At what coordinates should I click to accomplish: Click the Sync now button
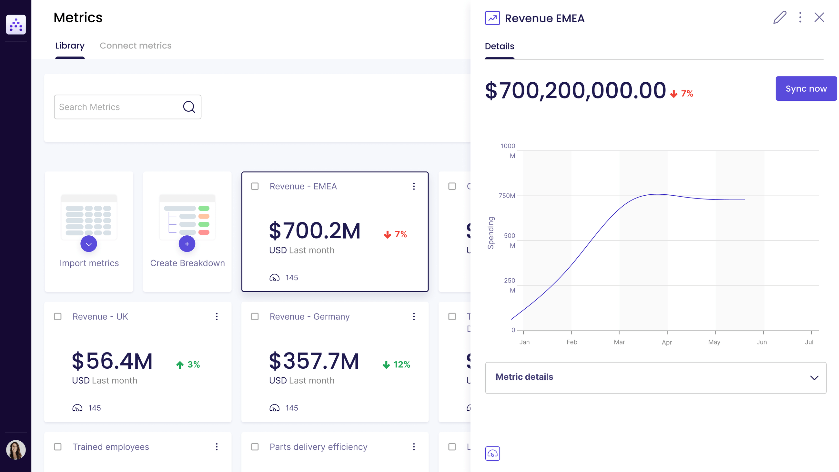[x=806, y=88]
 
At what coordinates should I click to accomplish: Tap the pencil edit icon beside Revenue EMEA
[x=780, y=17]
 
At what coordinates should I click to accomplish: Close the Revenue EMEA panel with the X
[x=819, y=17]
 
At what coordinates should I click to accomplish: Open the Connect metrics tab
[x=136, y=46]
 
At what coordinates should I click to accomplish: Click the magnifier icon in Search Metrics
[x=189, y=107]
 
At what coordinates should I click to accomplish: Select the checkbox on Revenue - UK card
[x=58, y=316]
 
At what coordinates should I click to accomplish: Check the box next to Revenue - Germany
[x=255, y=316]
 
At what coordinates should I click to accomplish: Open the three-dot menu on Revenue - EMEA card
[x=414, y=186]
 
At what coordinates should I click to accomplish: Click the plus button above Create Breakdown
[x=187, y=244]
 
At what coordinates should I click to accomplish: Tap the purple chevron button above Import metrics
[x=89, y=244]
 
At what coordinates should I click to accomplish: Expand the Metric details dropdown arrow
[x=814, y=377]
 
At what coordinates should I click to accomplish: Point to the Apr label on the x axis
[x=667, y=342]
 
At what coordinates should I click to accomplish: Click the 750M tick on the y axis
[x=507, y=195]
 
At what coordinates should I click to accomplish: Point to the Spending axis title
[x=490, y=232]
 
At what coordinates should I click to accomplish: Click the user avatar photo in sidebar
[x=15, y=449]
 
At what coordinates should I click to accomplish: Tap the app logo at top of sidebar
[x=15, y=25]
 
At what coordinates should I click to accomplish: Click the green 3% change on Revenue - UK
[x=188, y=364]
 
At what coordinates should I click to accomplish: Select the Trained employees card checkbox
[x=58, y=446]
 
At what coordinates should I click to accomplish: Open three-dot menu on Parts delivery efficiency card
[x=414, y=446]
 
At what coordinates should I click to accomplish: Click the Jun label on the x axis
[x=762, y=342]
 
